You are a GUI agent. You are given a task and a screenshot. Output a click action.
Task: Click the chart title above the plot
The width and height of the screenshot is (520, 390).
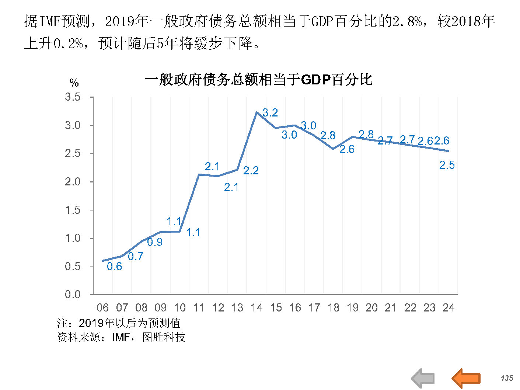coord(258,80)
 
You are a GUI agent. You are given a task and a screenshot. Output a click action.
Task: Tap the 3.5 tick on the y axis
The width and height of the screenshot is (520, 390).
coord(73,97)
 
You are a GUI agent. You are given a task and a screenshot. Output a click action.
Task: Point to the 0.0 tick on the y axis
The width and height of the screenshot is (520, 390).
coord(73,294)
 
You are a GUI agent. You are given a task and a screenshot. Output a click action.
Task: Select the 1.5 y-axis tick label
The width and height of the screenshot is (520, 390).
coord(73,210)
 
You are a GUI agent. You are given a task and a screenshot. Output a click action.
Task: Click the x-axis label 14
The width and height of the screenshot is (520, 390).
coord(256,307)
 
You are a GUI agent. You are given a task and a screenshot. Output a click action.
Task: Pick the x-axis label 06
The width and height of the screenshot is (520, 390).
coord(102,307)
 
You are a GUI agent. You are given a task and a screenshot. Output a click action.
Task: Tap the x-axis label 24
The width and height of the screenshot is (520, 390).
coord(449,307)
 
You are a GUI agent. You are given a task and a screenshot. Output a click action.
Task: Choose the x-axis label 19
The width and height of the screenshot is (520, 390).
coord(353,307)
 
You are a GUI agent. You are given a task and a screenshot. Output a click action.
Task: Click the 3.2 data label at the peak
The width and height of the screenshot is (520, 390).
coord(270,113)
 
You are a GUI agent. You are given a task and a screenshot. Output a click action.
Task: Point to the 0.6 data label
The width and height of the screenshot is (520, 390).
coord(114,266)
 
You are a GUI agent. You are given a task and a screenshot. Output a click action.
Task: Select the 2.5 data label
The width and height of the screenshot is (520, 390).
coord(447,165)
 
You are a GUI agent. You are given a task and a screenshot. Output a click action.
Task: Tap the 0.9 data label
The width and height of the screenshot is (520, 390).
coord(155,242)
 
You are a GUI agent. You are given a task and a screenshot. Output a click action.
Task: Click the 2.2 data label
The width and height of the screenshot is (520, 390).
coord(251,170)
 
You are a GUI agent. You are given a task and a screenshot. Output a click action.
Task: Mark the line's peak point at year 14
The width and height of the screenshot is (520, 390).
coord(256,112)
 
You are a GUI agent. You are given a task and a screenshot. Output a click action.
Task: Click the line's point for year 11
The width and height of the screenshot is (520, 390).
coord(199,174)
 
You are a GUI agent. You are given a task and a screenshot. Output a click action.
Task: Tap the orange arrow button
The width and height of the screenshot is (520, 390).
coord(466,378)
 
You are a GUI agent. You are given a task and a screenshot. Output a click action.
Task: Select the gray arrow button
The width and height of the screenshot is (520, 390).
coord(423,378)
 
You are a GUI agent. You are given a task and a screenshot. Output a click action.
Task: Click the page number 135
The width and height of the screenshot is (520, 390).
coord(507,378)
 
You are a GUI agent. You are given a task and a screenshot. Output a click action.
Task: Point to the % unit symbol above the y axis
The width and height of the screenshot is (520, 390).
coord(74,83)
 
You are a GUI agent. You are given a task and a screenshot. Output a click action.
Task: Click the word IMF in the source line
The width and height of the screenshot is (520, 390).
coord(121,337)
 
